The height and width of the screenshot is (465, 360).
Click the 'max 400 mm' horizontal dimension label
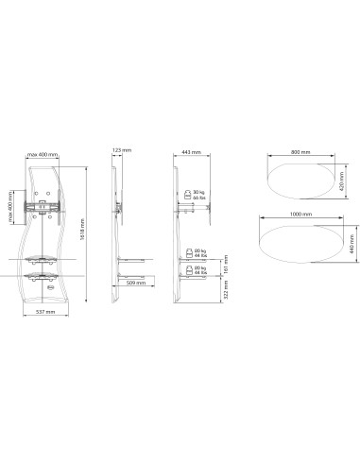tap(43, 154)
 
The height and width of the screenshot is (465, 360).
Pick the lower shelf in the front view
tap(41, 276)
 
